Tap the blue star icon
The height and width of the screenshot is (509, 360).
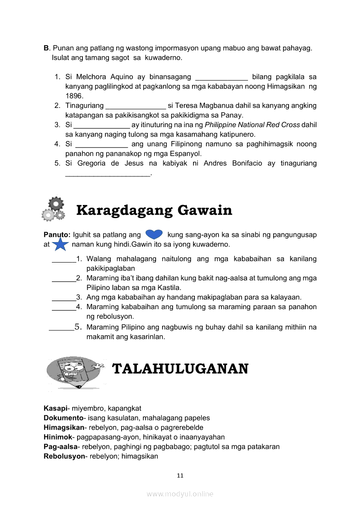(x=60, y=244)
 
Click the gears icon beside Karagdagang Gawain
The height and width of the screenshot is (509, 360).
(x=53, y=209)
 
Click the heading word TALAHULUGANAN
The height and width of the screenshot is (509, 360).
(x=180, y=369)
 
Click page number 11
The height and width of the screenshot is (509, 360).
(x=180, y=475)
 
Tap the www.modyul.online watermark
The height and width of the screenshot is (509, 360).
(x=180, y=494)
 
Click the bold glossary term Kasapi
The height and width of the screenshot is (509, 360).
(x=55, y=408)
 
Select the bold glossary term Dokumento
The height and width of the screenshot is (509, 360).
(x=64, y=418)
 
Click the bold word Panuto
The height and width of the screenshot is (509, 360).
(x=57, y=235)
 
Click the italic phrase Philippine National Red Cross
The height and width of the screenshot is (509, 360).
(x=252, y=125)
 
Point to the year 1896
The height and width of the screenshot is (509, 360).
(x=74, y=96)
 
